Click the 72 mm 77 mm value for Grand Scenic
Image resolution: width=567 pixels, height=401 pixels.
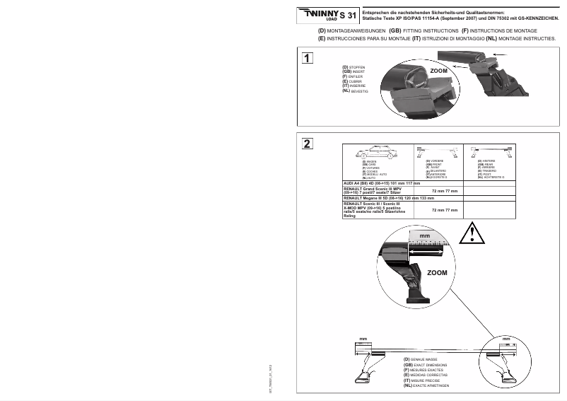[445, 191]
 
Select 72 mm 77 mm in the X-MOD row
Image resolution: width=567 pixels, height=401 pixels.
[445, 210]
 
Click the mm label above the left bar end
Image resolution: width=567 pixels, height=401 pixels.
[363, 340]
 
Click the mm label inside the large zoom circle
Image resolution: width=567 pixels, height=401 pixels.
[424, 236]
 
